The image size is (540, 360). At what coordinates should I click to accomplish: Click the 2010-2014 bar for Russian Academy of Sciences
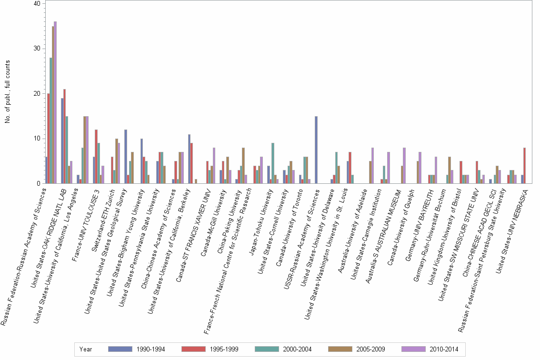coord(55,102)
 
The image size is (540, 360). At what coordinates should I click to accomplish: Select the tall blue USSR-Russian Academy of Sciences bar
coord(316,150)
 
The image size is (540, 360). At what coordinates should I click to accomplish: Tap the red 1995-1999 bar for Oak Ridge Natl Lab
coord(65,136)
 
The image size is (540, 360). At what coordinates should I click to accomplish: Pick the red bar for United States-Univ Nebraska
coord(524,166)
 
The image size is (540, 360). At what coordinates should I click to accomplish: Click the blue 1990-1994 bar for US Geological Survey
coord(126,157)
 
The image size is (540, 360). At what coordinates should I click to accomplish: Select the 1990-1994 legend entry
coord(138,349)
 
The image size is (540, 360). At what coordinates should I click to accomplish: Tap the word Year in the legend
coord(86,349)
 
